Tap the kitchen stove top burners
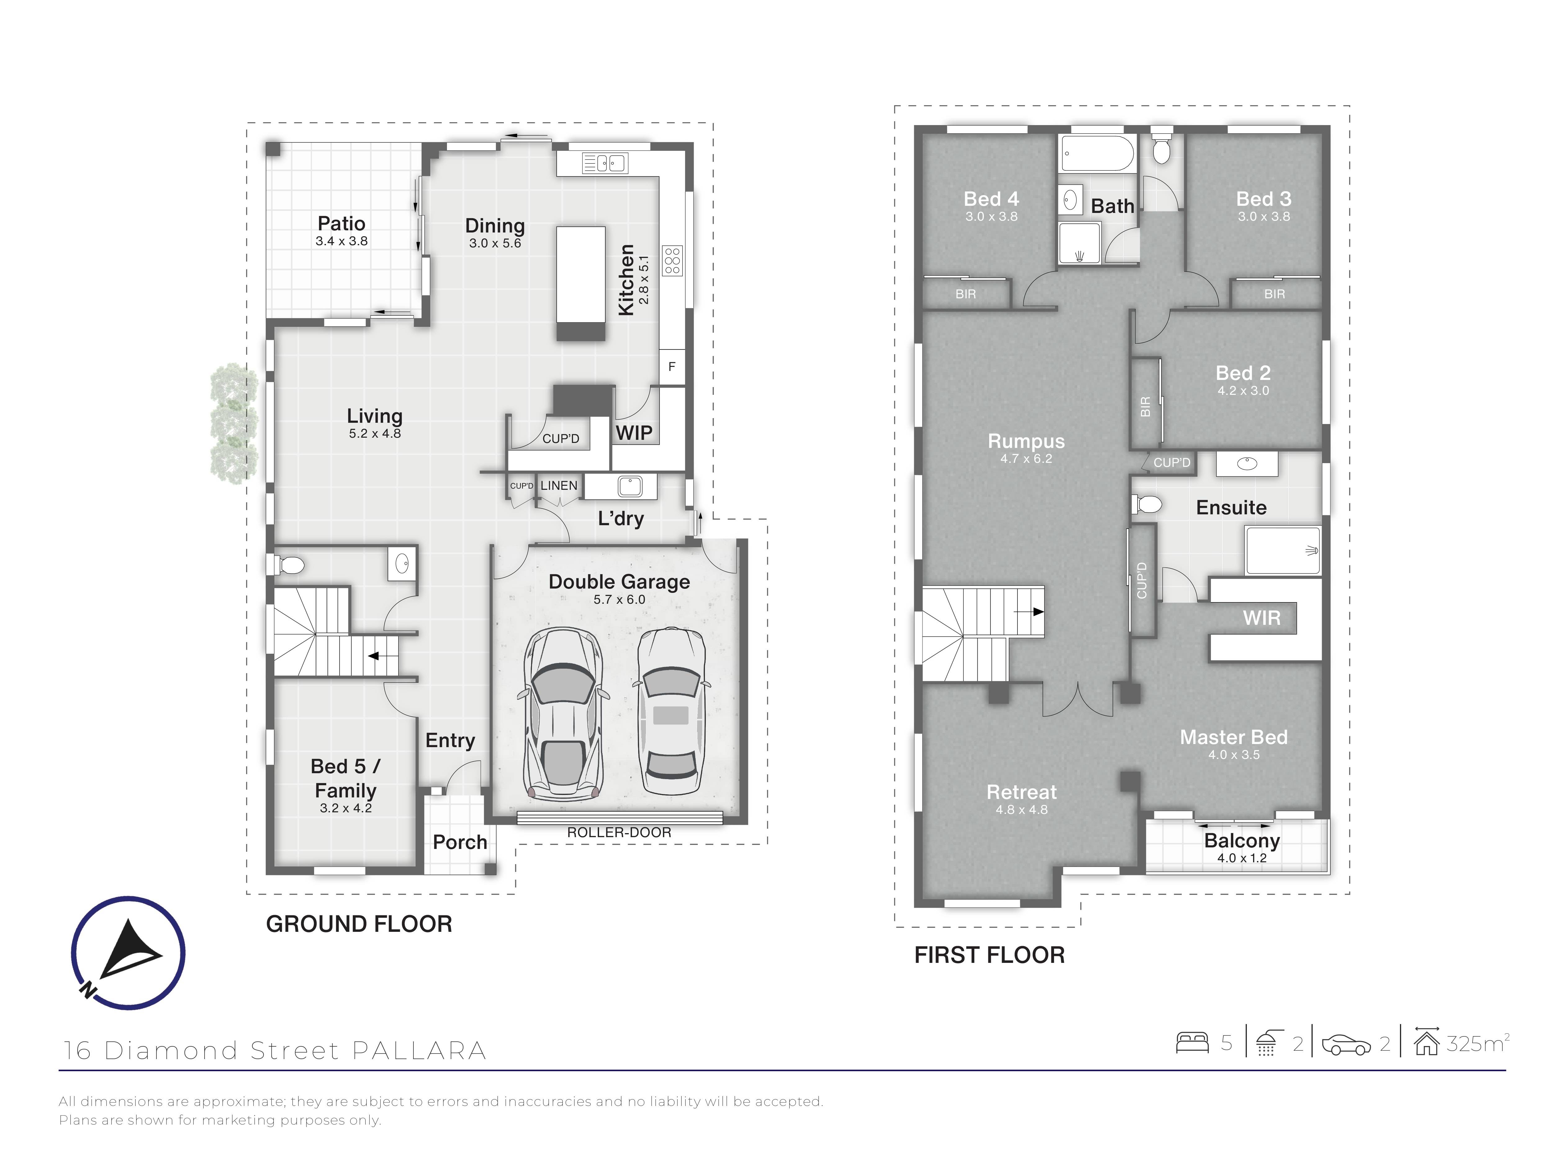pos(672,260)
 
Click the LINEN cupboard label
pos(558,485)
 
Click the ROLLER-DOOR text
pos(619,833)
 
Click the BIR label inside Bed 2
pos(1145,406)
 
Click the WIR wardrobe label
pos(1261,618)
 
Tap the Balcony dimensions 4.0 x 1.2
pos(1242,858)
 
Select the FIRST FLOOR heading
pos(989,955)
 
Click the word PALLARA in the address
pos(419,1050)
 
